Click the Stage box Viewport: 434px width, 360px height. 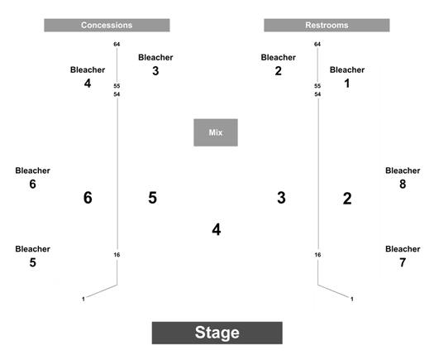(217, 333)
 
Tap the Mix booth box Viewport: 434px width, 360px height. (216, 132)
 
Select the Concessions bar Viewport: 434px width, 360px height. (107, 25)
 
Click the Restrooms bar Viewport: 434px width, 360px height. (327, 25)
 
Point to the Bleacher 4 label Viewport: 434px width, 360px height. (88, 77)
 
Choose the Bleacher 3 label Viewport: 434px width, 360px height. (155, 65)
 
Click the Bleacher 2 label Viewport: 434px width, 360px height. (278, 65)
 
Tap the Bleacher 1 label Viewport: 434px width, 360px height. (347, 77)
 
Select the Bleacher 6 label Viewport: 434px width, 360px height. (33, 178)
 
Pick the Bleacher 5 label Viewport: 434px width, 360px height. (33, 256)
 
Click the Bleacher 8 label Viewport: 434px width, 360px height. (403, 178)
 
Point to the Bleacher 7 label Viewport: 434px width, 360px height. (403, 256)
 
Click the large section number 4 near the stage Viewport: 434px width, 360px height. (217, 230)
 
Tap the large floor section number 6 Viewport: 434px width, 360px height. (88, 198)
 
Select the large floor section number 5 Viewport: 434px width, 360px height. (152, 198)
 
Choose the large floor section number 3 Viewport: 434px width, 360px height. (281, 198)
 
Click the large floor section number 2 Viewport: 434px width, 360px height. (347, 199)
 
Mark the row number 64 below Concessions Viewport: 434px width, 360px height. (117, 44)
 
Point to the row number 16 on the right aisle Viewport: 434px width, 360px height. (317, 255)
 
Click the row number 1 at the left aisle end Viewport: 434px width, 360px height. (83, 299)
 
